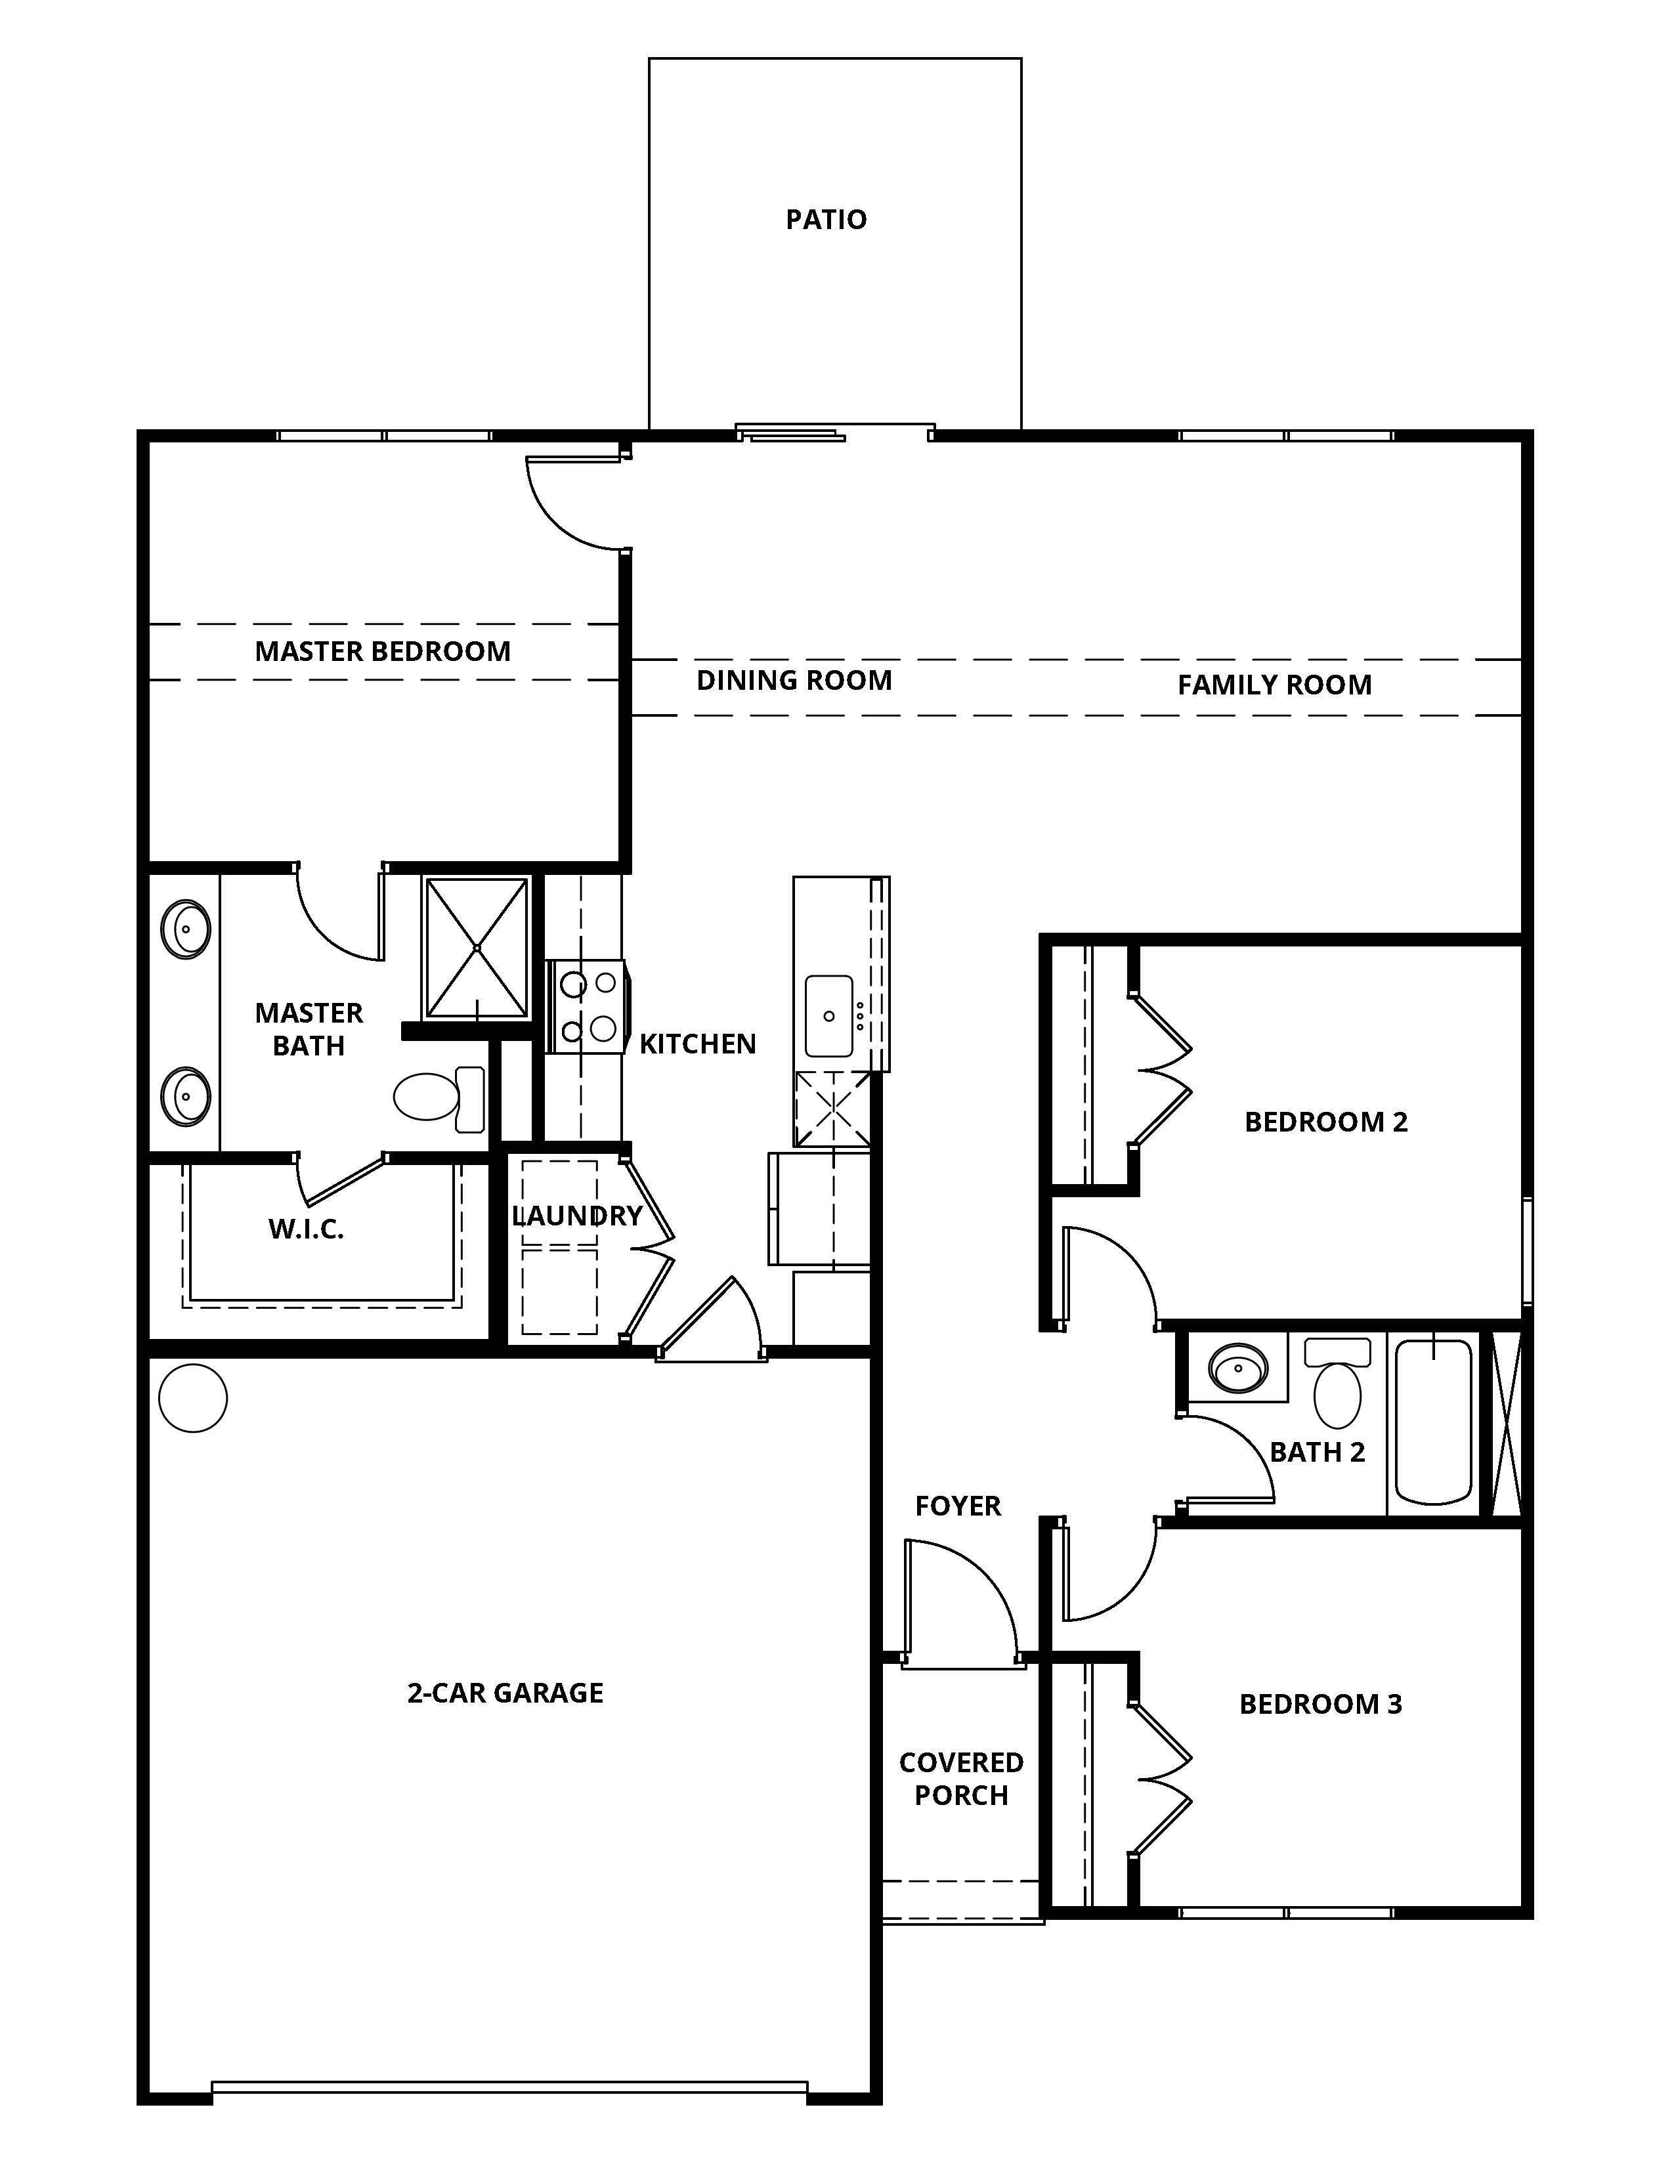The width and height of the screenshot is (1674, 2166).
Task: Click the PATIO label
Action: click(826, 219)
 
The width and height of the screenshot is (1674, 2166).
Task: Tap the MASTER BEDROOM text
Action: click(383, 652)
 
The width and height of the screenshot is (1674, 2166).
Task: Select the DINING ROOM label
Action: click(794, 681)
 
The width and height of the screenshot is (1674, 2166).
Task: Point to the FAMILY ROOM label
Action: click(1274, 685)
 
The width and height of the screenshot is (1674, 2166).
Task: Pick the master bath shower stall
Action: click(477, 948)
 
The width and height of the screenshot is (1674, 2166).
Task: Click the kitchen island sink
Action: click(829, 1015)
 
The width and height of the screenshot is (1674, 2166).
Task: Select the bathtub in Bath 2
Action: click(1433, 1420)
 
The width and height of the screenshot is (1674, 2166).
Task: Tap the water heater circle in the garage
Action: click(194, 1397)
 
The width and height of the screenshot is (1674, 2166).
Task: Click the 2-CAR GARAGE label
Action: click(505, 1693)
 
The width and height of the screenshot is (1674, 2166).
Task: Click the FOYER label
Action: click(958, 1506)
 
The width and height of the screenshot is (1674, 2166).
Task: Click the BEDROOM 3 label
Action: click(1321, 1704)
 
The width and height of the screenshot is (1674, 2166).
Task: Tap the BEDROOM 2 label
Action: click(1326, 1122)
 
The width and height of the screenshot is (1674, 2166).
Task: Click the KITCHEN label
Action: click(698, 1044)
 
